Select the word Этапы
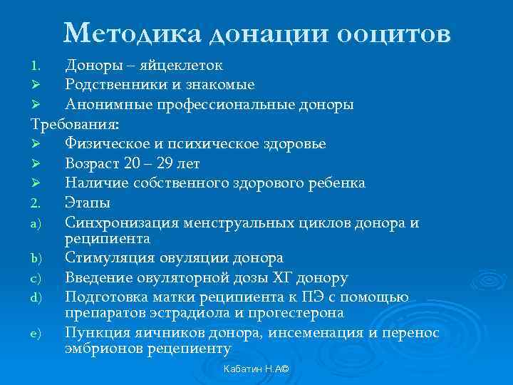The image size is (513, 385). (x=87, y=202)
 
